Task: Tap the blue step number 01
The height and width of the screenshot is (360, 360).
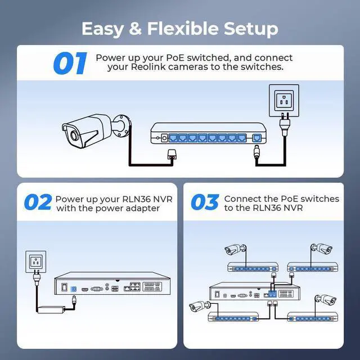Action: [70, 64]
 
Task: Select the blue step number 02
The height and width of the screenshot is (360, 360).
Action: [37, 202]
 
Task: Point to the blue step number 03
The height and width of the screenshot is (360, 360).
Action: [204, 202]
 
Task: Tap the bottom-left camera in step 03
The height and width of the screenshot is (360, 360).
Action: [197, 307]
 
